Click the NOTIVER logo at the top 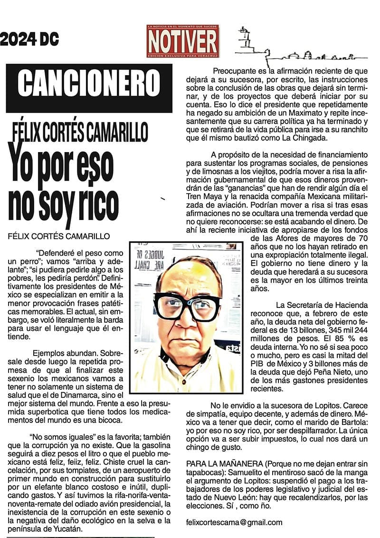tap(183, 41)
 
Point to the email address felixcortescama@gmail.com tap(234, 522)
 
